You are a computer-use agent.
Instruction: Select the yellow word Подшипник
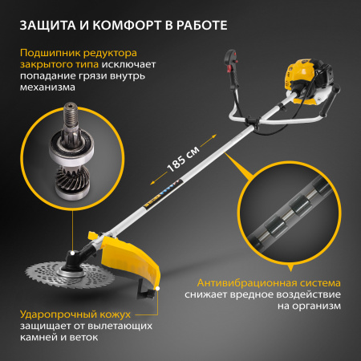[x=51, y=53]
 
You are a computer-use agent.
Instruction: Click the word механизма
[x=47, y=87]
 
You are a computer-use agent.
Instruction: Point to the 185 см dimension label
[x=183, y=159]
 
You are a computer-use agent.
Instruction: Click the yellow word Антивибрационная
[x=246, y=283]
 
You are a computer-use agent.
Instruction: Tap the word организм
[x=316, y=306]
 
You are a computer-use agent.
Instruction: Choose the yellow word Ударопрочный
[x=59, y=314]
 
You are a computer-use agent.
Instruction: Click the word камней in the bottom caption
[x=39, y=338]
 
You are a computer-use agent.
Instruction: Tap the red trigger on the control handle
[x=229, y=68]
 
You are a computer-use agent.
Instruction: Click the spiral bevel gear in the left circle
[x=72, y=178]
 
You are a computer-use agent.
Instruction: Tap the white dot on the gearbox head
[x=72, y=253]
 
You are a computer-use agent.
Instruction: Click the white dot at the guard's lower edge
[x=158, y=288]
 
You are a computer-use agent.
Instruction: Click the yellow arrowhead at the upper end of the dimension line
[x=213, y=137]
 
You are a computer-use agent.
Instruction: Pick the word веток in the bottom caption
[x=83, y=338]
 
